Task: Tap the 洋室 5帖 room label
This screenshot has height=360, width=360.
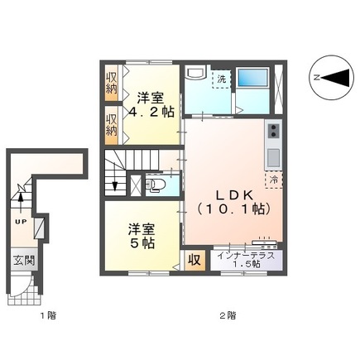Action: [x=140, y=236]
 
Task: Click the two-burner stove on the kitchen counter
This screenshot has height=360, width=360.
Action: [x=272, y=130]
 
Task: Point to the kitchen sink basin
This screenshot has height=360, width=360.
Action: [x=272, y=156]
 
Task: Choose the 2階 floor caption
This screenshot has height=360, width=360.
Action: [x=228, y=315]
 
